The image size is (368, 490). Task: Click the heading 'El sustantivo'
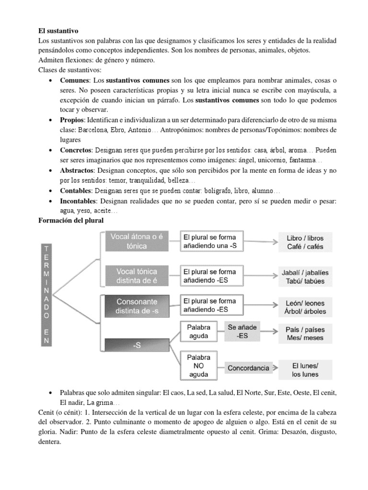61,30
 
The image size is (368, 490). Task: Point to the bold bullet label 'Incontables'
78,201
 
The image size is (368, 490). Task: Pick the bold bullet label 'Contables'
75,190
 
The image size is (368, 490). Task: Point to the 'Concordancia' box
248,368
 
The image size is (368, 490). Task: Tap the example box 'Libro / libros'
305,242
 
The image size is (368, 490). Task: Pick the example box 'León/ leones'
305,307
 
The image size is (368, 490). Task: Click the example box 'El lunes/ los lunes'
305,369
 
